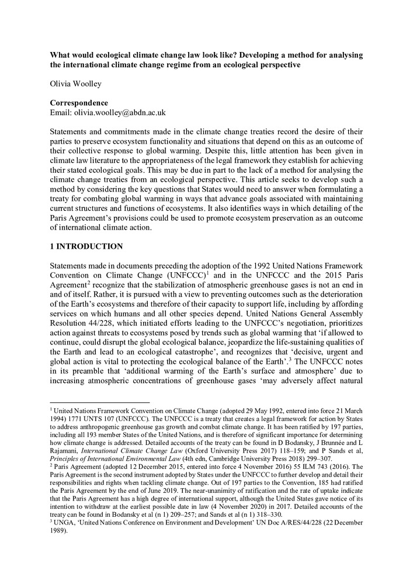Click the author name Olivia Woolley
point(75,84)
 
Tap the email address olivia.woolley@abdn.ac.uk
point(116,113)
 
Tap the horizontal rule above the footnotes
point(100,402)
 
